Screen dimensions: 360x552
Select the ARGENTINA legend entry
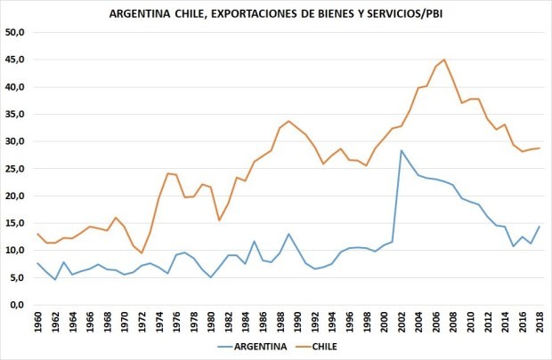coord(259,347)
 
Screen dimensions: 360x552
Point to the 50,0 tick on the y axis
coord(18,32)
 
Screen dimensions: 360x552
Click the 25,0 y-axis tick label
coord(18,168)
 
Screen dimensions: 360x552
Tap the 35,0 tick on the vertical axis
coord(18,114)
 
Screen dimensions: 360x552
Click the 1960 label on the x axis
coord(39,322)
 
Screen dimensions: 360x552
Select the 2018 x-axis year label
coord(539,322)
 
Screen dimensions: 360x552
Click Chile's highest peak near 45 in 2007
coord(444,60)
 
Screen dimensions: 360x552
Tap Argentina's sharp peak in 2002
coord(401,150)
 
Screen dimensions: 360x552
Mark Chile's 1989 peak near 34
coord(288,121)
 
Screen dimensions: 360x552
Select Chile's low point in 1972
coord(142,253)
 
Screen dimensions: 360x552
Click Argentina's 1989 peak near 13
coord(288,234)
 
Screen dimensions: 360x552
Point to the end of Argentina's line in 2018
coord(539,226)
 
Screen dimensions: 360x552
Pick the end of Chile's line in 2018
coord(539,148)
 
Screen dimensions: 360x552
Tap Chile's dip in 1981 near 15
coord(219,220)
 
